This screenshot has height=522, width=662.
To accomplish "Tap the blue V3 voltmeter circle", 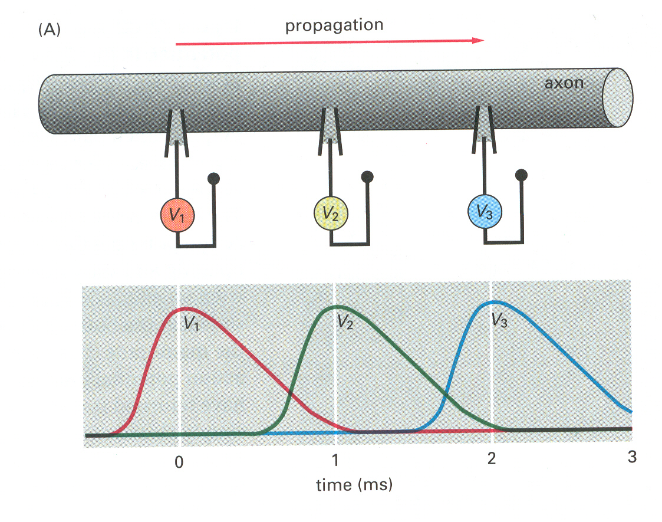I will pos(485,212).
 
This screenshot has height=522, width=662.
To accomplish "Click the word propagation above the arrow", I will pos(334,25).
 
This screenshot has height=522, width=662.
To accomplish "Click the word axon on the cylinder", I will pos(564,83).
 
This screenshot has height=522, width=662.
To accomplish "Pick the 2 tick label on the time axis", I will pos(491,458).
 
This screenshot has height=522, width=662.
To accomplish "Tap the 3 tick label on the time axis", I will pos(632,457).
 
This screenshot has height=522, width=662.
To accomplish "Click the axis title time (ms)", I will pos(354,485).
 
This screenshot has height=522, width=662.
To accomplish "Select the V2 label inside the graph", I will pos(345,321).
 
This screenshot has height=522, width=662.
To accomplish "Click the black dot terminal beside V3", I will pos(521,175).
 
